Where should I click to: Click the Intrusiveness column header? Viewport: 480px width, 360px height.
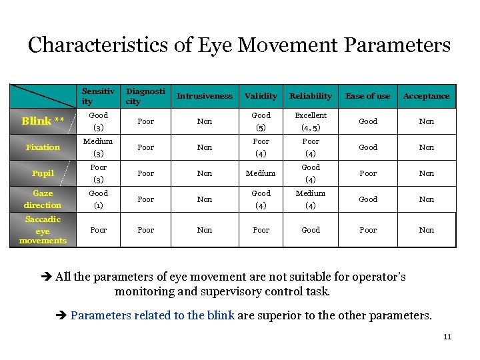point(205,96)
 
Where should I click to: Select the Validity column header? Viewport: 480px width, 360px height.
point(261,96)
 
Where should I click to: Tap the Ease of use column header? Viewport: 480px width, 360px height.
point(368,96)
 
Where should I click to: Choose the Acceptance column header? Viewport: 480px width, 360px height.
point(426,96)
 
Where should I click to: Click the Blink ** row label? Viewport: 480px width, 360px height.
point(43,121)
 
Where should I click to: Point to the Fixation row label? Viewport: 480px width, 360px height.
point(43,147)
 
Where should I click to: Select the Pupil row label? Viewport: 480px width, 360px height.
point(43,173)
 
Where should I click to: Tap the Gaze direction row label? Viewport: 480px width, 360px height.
point(43,199)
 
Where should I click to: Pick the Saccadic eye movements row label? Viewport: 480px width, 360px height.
point(43,230)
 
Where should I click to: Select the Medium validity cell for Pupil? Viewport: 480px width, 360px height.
point(261,173)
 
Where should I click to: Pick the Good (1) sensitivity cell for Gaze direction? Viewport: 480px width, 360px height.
point(98,199)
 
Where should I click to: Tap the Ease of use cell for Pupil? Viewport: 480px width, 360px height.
point(368,173)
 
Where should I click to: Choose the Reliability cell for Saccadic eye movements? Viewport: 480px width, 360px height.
point(311,230)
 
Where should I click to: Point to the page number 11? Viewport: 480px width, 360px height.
point(447,337)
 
